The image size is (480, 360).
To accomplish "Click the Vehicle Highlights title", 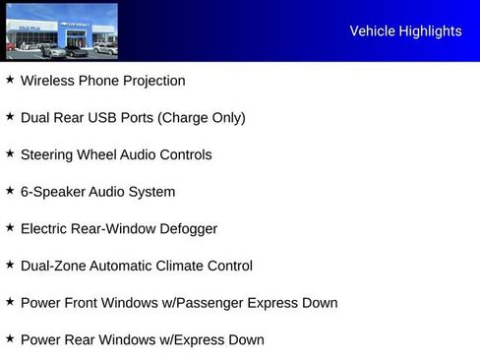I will (405, 31).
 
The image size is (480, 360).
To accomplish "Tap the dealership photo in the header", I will (61, 31).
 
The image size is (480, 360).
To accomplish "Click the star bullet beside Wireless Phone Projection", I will (10, 80).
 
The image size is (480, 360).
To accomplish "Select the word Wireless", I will (47, 81).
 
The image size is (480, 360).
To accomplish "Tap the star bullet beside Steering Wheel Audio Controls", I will (10, 153).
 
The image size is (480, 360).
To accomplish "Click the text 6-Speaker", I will (50, 192).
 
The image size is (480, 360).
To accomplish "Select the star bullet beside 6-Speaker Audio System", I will (10, 191).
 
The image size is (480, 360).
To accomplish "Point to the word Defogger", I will (187, 229).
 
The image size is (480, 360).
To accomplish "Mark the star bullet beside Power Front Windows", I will (10, 302).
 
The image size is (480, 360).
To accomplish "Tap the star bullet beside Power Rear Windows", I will (10, 338).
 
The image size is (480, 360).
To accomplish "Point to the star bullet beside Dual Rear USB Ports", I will (10, 116).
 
